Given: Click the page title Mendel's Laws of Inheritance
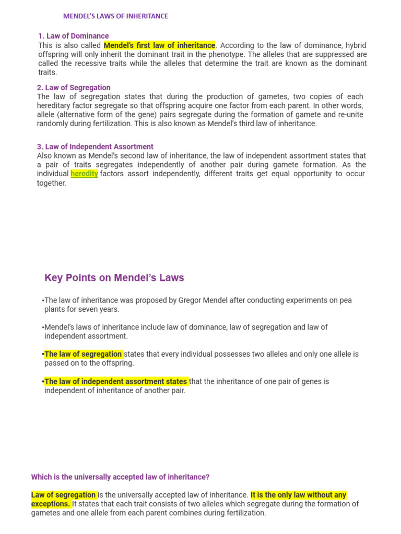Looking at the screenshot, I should coord(115,16).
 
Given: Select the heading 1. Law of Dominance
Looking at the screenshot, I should coord(74,36).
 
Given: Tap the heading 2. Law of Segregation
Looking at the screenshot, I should coord(74,88).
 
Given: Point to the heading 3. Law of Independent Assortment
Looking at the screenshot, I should coord(95,147).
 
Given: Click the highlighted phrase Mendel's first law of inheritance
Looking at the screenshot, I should coord(159,45).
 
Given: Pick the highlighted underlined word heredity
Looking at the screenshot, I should coord(84,174).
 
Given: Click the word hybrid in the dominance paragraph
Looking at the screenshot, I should coord(355,45).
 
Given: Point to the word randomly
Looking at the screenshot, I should coord(52,124).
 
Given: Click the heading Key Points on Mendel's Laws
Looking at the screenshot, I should coord(114,278).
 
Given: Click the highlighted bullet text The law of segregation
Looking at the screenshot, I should coord(84,354).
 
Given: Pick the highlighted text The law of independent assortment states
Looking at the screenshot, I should coord(116,381).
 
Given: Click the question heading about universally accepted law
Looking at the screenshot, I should coord(120,477).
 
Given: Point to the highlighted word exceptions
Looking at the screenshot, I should coord(50,504).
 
